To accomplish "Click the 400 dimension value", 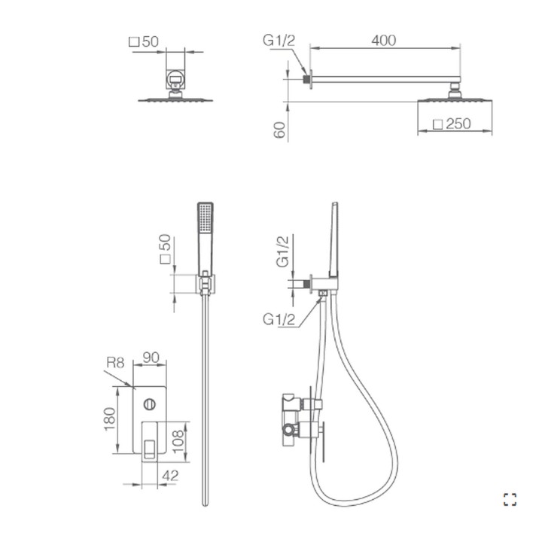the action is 383,41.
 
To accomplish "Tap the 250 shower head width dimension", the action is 458,123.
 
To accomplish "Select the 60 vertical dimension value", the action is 280,130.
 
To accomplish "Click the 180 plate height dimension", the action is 110,419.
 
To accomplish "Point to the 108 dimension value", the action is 178,441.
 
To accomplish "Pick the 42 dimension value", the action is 170,476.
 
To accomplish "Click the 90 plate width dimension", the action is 151,358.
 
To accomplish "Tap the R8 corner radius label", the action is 115,363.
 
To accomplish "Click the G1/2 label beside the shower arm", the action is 279,41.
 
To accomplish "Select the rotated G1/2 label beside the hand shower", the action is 282,251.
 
